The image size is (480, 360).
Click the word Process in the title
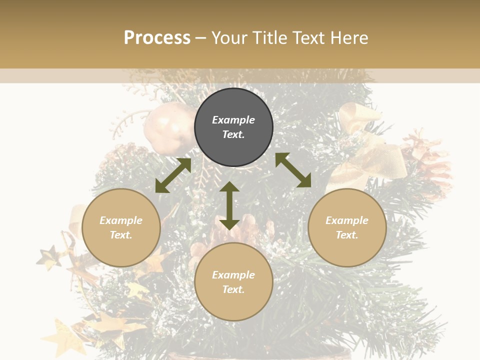coord(157,38)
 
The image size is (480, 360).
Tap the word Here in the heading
coord(348,38)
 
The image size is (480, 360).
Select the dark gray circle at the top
coord(233,127)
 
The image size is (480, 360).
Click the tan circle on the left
coord(121,227)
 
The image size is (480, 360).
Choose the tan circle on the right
coord(347,227)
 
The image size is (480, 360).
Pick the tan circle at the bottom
coord(233,282)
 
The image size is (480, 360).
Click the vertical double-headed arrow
coord(229,205)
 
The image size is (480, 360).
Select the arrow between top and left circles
coord(173,175)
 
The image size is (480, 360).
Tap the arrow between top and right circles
coord(293,170)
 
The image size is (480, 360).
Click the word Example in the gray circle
coord(233,120)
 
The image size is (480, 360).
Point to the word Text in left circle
coord(121,235)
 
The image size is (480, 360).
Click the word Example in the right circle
coord(347,220)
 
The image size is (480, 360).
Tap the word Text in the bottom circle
coord(233,289)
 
